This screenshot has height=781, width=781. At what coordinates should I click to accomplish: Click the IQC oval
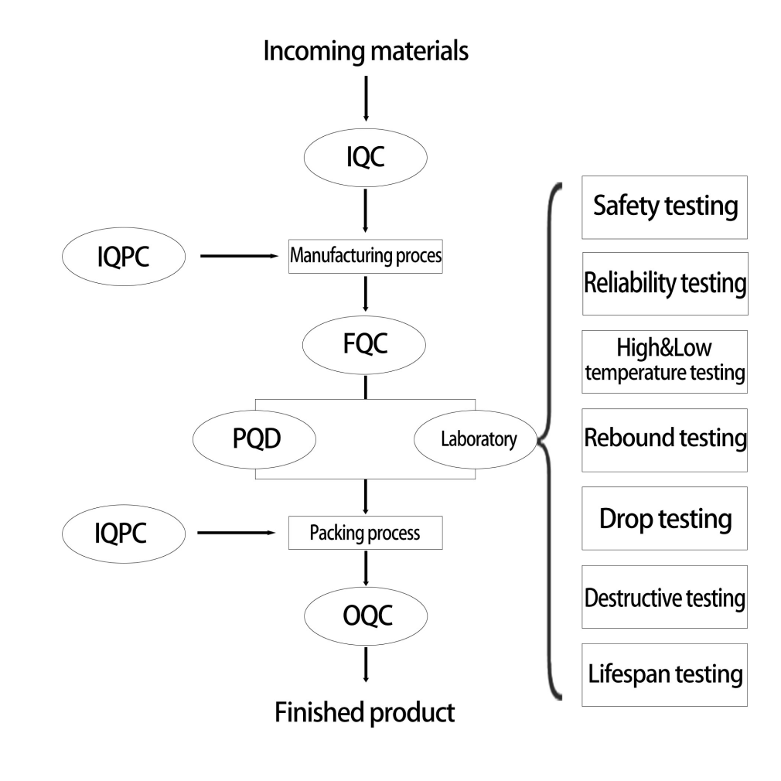(365, 159)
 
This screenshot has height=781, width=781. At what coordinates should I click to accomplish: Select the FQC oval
(365, 344)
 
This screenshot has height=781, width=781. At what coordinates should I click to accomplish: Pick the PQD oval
(254, 439)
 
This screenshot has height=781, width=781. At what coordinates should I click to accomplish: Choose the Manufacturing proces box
(365, 256)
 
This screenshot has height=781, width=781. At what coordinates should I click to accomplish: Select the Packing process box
(365, 533)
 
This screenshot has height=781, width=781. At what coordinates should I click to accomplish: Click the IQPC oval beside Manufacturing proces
(122, 256)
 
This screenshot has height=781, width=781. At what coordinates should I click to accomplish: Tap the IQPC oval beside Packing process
(122, 533)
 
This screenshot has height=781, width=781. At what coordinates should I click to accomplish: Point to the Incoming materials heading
(365, 52)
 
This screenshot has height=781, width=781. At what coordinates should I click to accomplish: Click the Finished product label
(365, 711)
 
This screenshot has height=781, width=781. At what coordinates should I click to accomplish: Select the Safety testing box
(665, 206)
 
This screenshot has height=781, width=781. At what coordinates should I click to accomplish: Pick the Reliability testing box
(665, 284)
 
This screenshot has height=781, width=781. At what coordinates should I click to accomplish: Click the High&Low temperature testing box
(665, 362)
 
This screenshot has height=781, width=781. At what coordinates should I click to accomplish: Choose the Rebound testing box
(665, 439)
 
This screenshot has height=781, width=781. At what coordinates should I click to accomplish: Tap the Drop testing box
(665, 518)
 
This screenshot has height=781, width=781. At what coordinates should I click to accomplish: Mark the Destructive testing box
(665, 597)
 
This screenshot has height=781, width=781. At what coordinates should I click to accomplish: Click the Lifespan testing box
(665, 674)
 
